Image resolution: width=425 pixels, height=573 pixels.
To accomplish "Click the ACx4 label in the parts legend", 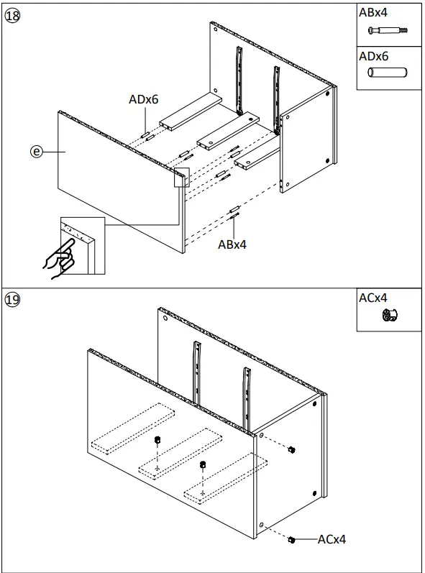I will pos(373,298).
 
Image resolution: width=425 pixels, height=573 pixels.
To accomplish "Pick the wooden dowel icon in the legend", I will pos(387,73).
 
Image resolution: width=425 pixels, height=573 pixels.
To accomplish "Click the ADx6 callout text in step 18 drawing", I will pos(143,100).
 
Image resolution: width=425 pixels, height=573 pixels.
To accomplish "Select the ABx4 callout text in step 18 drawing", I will pos(232,244).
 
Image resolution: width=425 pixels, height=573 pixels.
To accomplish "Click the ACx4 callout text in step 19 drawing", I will pos(332,539).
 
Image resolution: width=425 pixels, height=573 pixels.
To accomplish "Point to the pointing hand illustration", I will pos(59,257).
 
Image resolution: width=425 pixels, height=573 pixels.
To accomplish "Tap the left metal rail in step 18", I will pos(239,79).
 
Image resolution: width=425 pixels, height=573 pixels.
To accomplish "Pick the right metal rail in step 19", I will pos(245,395).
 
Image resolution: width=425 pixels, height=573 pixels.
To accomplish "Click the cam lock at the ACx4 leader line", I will pos(292,539).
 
